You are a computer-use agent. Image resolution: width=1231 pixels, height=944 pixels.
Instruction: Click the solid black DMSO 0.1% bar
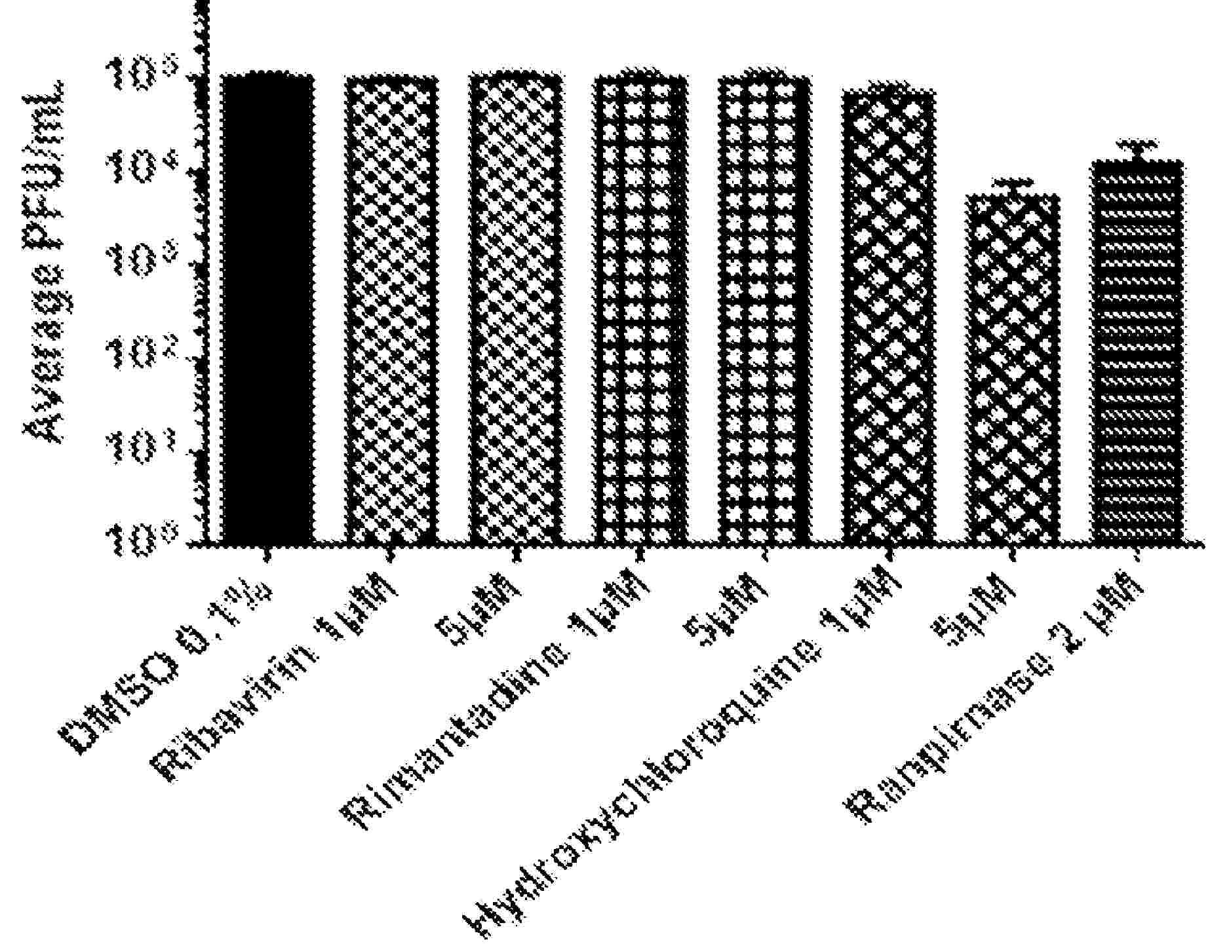tap(268, 308)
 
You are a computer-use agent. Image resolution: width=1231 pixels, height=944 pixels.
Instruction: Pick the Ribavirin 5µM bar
tap(516, 308)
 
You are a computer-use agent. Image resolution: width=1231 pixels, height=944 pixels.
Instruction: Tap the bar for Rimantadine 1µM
tap(640, 308)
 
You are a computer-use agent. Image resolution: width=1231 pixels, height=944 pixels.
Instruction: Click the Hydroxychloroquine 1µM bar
tap(889, 314)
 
